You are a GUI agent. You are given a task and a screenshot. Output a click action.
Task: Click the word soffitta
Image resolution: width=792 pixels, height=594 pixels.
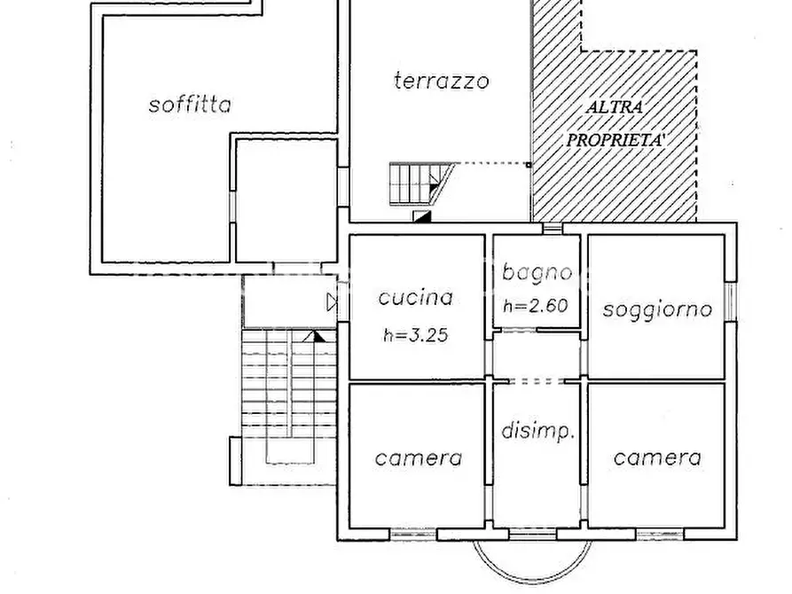(190, 105)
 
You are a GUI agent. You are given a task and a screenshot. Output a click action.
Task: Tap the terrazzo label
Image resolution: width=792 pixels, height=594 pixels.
(441, 81)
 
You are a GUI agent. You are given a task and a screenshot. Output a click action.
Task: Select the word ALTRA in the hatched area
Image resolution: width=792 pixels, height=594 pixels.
(615, 107)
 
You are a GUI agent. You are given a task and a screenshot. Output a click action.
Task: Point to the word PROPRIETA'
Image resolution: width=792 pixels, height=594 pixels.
(616, 139)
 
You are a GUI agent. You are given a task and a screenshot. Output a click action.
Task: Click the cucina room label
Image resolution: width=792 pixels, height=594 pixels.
(415, 298)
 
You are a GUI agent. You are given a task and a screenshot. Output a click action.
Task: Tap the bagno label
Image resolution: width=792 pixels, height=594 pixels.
(536, 272)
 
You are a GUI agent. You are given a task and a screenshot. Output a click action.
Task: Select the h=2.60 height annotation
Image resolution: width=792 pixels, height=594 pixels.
(536, 307)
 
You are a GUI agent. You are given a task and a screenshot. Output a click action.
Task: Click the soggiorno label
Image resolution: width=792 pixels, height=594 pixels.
(657, 309)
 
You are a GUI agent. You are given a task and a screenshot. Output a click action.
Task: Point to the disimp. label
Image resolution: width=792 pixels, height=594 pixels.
(538, 433)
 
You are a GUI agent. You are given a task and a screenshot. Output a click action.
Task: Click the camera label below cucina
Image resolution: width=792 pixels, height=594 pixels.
(418, 458)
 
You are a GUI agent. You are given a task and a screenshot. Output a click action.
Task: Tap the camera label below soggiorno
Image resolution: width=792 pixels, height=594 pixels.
(657, 457)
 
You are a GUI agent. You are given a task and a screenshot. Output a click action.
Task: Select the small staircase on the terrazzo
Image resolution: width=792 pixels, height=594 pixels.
(417, 184)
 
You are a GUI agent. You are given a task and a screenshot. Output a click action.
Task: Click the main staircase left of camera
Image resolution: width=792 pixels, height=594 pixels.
(289, 395)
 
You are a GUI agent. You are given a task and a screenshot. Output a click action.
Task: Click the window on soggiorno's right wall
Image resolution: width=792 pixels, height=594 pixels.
(731, 300)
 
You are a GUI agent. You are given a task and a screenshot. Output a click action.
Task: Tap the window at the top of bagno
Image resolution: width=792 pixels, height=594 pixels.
(553, 229)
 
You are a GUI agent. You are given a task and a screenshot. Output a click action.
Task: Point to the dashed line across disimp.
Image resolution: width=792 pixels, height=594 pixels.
(537, 381)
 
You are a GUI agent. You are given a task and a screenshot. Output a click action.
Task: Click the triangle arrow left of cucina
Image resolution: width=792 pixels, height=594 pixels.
(332, 302)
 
